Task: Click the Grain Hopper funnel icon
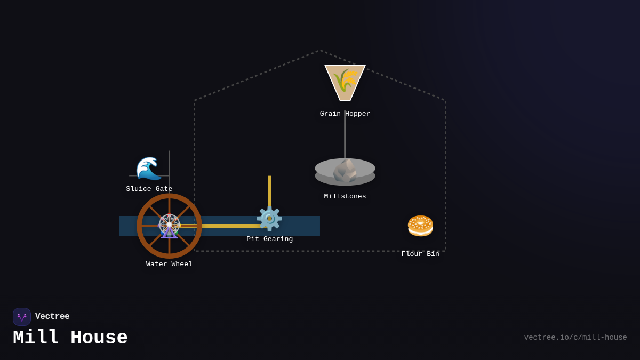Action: pos(345,82)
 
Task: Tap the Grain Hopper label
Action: pos(345,114)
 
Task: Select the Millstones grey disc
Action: pos(345,172)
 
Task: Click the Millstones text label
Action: pos(345,196)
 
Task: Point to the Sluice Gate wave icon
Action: pos(149,169)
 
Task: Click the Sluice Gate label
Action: pos(149,189)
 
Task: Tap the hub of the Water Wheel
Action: pos(169,226)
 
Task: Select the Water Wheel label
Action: pos(169,264)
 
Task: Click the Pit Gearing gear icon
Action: pos(269,218)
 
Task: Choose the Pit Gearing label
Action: pos(269,239)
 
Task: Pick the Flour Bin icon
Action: pos(420,226)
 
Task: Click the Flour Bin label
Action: pos(420,254)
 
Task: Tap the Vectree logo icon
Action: pos(22,317)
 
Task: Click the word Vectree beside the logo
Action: pos(52,317)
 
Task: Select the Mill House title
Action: pos(70,338)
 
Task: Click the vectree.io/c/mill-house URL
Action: pos(575,338)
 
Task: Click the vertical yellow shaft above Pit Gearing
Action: pos(270,189)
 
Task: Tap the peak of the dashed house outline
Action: pos(320,51)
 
